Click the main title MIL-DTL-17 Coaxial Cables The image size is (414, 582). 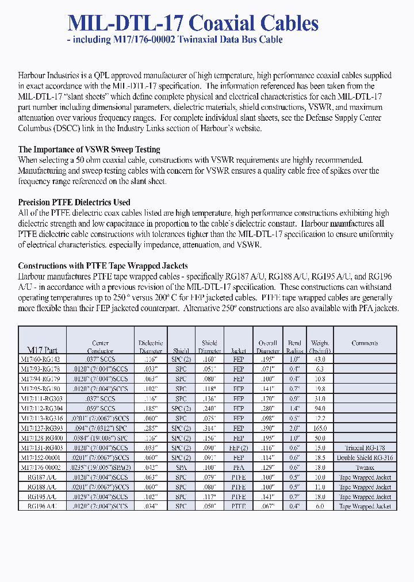tap(193, 23)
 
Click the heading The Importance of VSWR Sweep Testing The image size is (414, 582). tap(89, 150)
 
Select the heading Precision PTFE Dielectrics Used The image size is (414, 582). tap(74, 202)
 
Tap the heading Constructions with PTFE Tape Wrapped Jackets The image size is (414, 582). tap(103, 266)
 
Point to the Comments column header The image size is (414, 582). tap(365, 343)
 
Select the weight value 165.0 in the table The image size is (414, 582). tap(320, 428)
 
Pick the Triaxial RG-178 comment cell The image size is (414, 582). tap(365, 448)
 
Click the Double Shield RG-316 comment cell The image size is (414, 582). tap(365, 458)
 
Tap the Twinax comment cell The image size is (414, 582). tap(365, 468)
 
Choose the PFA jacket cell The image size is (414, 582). tap(239, 468)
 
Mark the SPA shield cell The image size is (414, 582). tap(181, 468)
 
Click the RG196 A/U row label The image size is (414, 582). tap(43, 506)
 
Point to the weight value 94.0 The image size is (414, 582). tap(320, 409)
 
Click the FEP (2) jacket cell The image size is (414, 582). tap(239, 448)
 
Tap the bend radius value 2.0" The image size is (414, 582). tap(294, 428)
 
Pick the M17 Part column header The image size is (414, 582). tap(43, 350)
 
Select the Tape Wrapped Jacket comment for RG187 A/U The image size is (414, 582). tap(365, 477)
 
